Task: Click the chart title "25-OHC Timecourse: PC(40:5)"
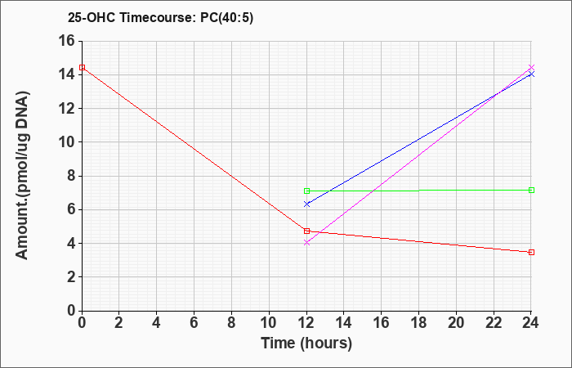coord(160,17)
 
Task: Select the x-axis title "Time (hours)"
coord(306,343)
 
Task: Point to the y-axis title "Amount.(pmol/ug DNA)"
coord(23,176)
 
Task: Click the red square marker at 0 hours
coord(82,67)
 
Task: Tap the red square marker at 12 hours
coord(306,231)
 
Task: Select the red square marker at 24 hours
coord(531,252)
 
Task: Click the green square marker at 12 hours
coord(306,191)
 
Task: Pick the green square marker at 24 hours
coord(531,191)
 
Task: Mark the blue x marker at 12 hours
coord(306,204)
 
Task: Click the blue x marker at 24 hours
coord(531,74)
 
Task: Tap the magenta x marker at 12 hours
coord(306,242)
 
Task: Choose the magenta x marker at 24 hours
coord(531,68)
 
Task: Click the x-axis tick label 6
coord(194,323)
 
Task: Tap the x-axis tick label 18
coord(418,323)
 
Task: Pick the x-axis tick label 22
coord(494,323)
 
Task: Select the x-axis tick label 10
coord(269,323)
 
